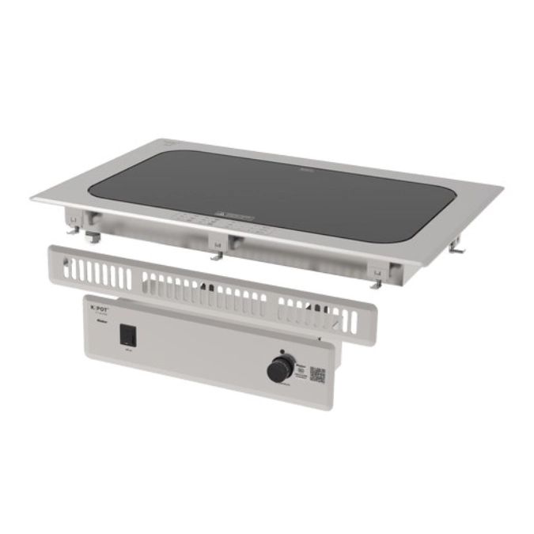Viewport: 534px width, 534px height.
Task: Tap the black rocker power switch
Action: pyautogui.click(x=127, y=335)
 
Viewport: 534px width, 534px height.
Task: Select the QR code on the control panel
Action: pyautogui.click(x=317, y=374)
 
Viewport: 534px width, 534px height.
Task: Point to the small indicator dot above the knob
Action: pyautogui.click(x=282, y=350)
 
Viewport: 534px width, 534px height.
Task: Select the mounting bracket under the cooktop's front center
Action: pyautogui.click(x=215, y=250)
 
